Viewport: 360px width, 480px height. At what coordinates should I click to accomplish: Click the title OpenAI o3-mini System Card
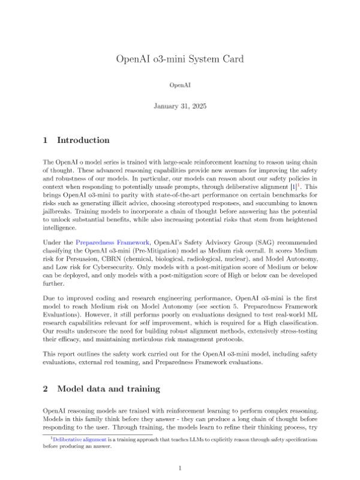pos(180,59)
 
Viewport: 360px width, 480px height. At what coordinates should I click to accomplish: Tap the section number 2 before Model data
pos(46,371)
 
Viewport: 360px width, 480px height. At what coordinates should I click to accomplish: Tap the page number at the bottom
pos(180,467)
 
